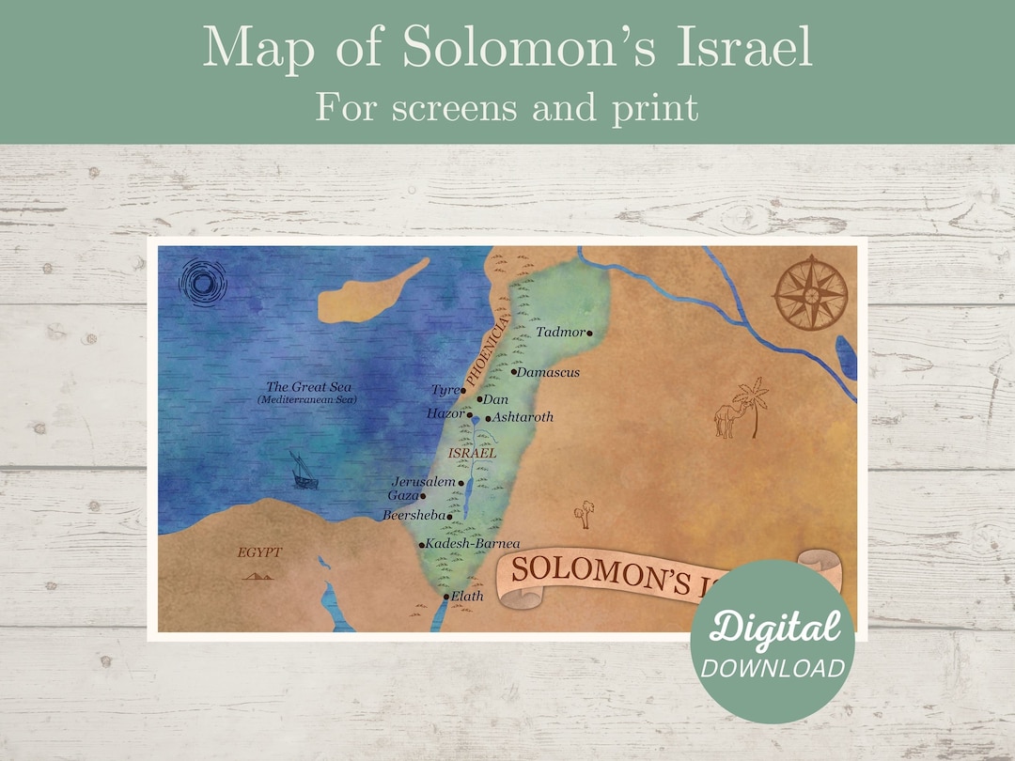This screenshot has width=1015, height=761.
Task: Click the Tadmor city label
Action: [x=559, y=333]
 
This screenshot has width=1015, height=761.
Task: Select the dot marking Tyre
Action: [x=463, y=390]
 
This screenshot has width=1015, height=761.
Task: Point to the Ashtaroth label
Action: [x=523, y=417]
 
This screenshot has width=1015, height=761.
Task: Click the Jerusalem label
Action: [x=424, y=482]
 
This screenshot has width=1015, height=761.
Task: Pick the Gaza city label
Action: [x=402, y=495]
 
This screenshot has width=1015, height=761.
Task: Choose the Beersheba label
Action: [x=414, y=516]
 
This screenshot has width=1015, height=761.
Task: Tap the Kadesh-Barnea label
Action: [x=473, y=544]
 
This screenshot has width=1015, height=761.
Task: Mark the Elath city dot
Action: [x=446, y=597]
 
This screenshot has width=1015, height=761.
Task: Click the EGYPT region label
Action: [x=259, y=552]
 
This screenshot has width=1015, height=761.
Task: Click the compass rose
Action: [x=810, y=292]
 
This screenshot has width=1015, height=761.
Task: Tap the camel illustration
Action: [x=725, y=420]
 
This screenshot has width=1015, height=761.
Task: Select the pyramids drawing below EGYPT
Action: [x=258, y=574]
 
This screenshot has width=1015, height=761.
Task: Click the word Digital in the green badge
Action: [x=774, y=627]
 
